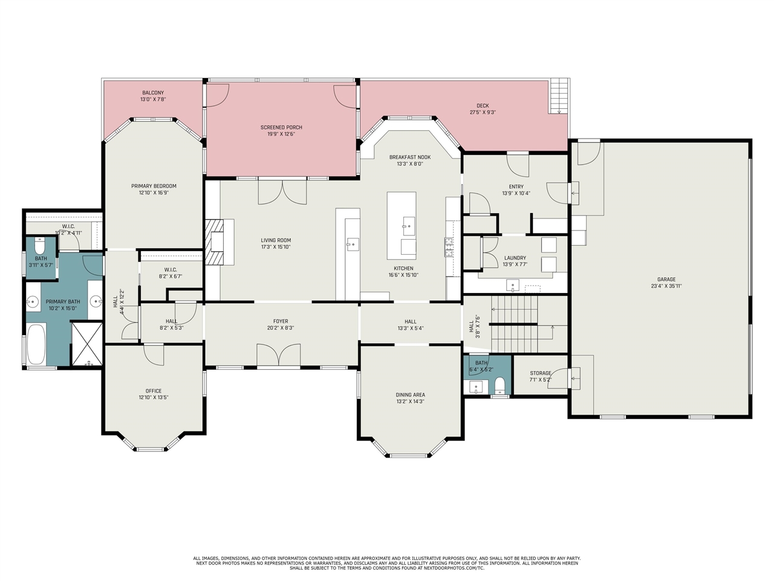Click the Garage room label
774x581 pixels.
point(666,280)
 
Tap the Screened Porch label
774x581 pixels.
point(281,127)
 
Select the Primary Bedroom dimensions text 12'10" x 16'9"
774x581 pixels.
point(154,192)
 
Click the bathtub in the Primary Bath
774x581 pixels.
point(36,344)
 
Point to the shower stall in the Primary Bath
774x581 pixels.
point(86,344)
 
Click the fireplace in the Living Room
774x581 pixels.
point(215,241)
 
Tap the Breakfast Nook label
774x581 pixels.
point(410,157)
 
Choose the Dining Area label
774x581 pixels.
point(410,395)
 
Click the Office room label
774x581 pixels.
point(154,391)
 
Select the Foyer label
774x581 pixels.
point(281,321)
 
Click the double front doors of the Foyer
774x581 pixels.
point(279,355)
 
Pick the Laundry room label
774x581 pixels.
point(515,258)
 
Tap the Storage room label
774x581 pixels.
point(540,373)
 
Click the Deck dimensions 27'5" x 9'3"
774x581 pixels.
point(483,113)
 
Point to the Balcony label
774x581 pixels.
point(153,93)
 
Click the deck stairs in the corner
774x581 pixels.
point(559,96)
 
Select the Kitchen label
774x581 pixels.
point(403,269)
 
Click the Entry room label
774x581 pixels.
point(516,186)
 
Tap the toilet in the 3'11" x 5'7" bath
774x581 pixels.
point(39,246)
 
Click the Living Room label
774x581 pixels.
point(276,240)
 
